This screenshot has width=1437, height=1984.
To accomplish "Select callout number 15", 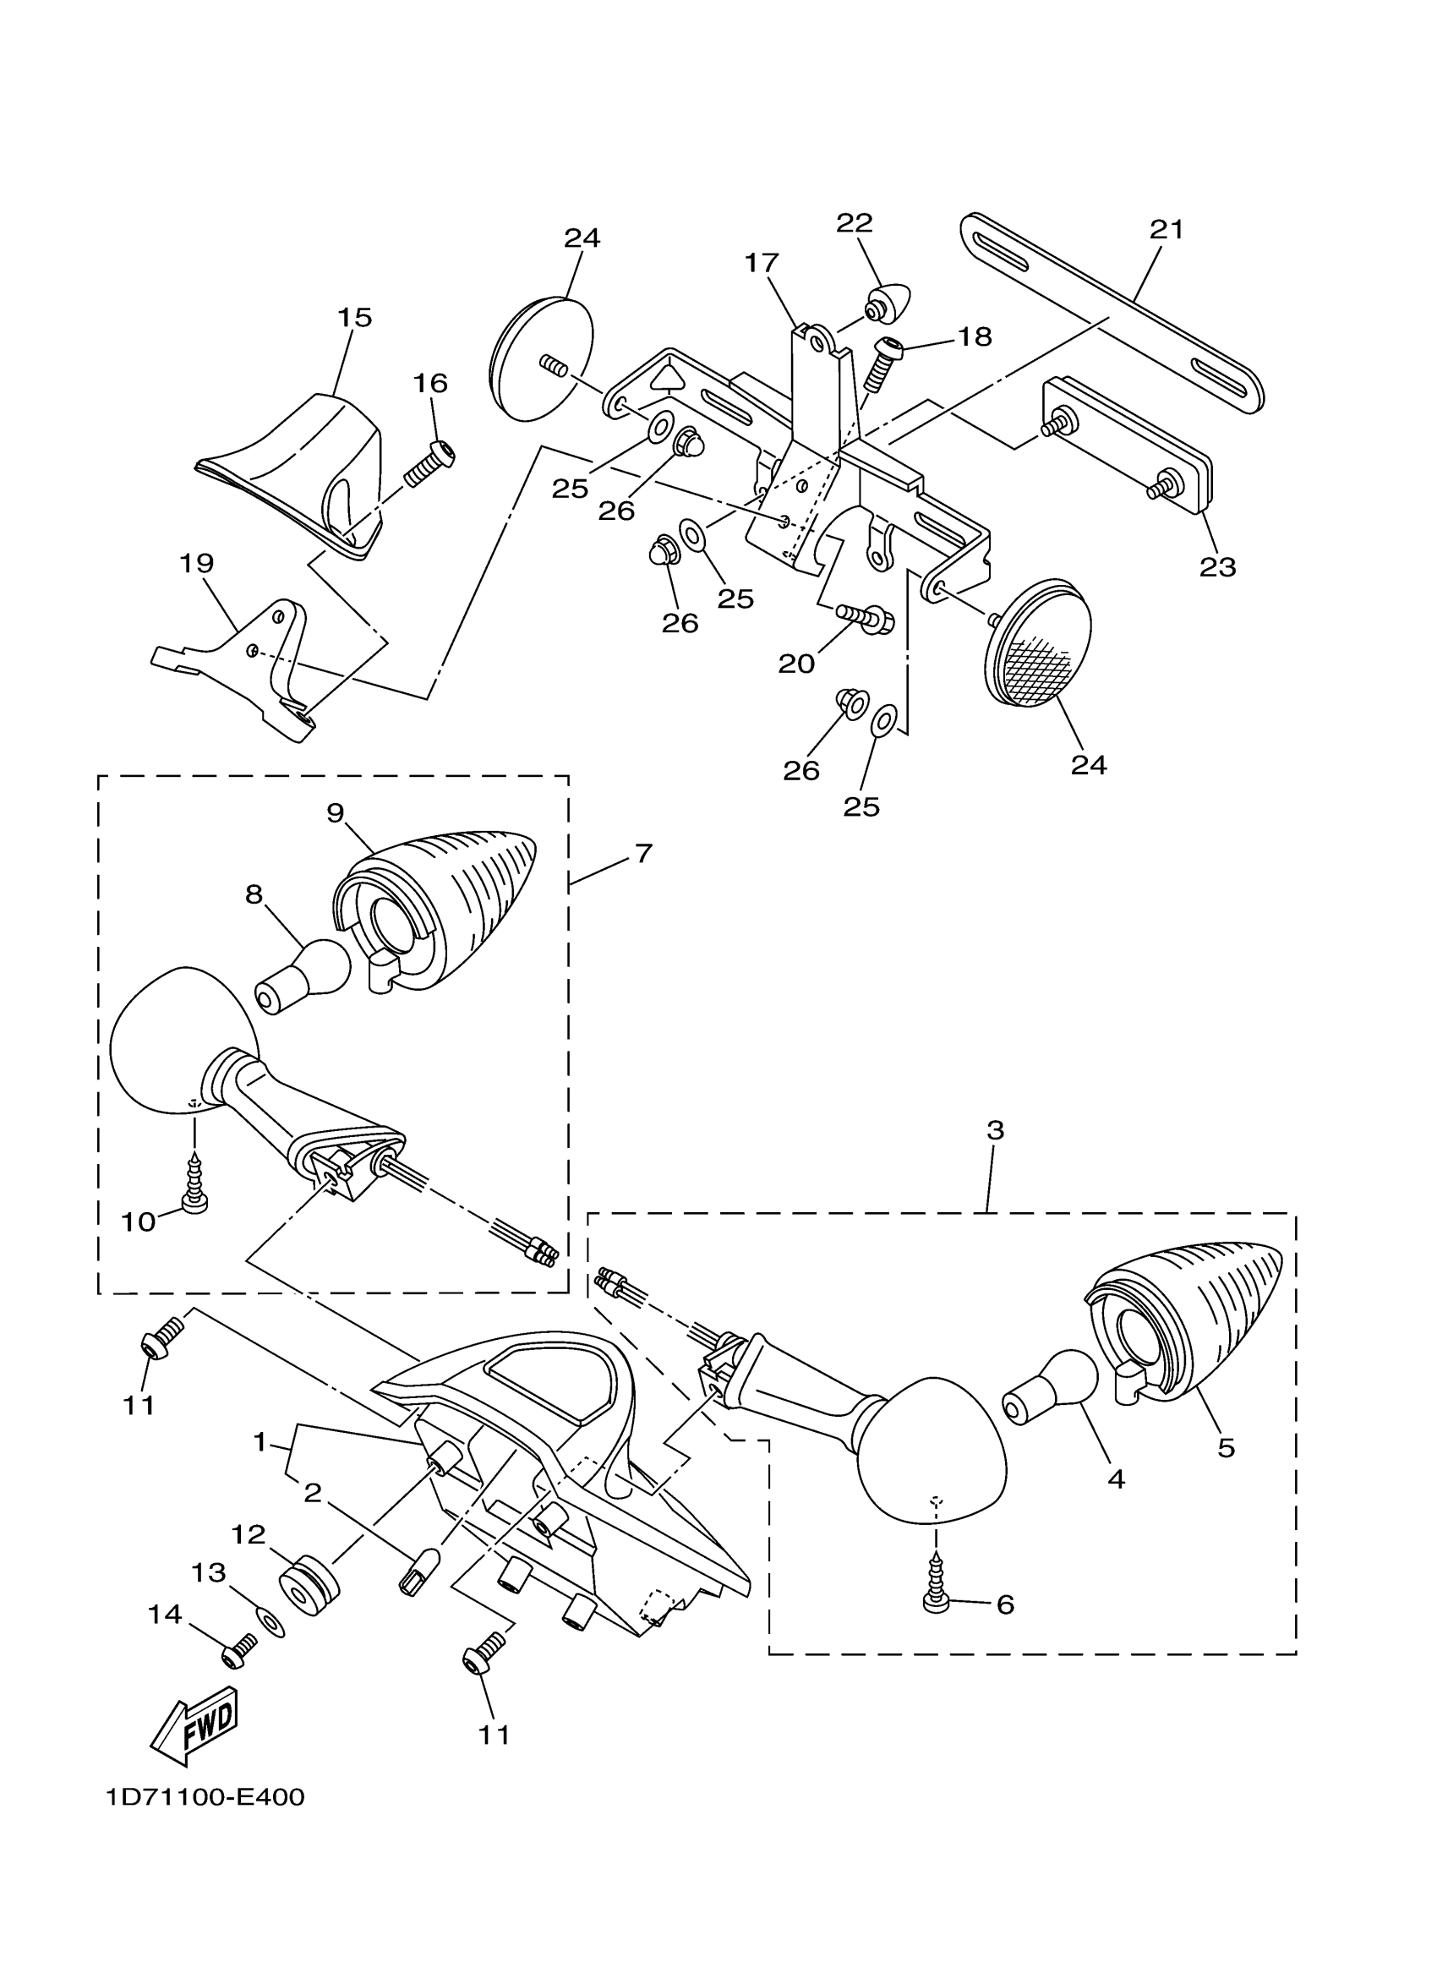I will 354,318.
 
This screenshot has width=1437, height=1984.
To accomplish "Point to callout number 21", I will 1166,230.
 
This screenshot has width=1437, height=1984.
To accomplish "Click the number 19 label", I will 197,563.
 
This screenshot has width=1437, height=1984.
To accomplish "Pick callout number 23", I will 1217,567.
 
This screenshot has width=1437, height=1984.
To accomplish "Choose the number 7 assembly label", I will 644,853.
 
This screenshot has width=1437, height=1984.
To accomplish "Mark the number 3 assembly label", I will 995,1131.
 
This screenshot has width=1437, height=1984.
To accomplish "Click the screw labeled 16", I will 429,464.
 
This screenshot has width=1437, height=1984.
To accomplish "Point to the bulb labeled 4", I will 1051,1400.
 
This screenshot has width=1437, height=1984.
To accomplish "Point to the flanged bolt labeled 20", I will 866,619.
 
